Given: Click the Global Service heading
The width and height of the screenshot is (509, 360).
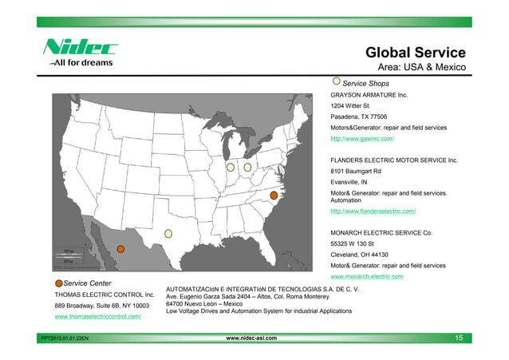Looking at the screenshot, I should point(415,53).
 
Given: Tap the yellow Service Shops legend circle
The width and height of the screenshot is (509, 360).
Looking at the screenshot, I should point(336,81).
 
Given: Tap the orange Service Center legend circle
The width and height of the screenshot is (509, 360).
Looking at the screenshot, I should point(58,283).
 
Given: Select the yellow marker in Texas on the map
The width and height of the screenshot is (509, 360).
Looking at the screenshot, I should point(168,233).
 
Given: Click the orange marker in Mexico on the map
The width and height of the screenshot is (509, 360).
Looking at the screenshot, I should point(121,248).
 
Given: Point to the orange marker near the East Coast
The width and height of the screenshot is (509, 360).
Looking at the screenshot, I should point(274,195).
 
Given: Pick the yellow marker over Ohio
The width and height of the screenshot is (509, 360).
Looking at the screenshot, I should point(247,168).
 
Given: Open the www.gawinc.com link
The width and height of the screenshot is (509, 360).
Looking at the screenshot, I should point(362,139).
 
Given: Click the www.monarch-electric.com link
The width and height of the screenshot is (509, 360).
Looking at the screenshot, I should point(366,276).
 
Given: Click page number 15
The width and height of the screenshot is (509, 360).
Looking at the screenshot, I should point(459,338).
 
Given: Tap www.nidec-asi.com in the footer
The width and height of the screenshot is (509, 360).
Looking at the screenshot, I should point(253,338).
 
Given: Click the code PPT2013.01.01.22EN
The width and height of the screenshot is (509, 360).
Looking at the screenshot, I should point(67,339).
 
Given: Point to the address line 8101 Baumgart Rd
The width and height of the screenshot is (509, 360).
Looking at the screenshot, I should point(356,171).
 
